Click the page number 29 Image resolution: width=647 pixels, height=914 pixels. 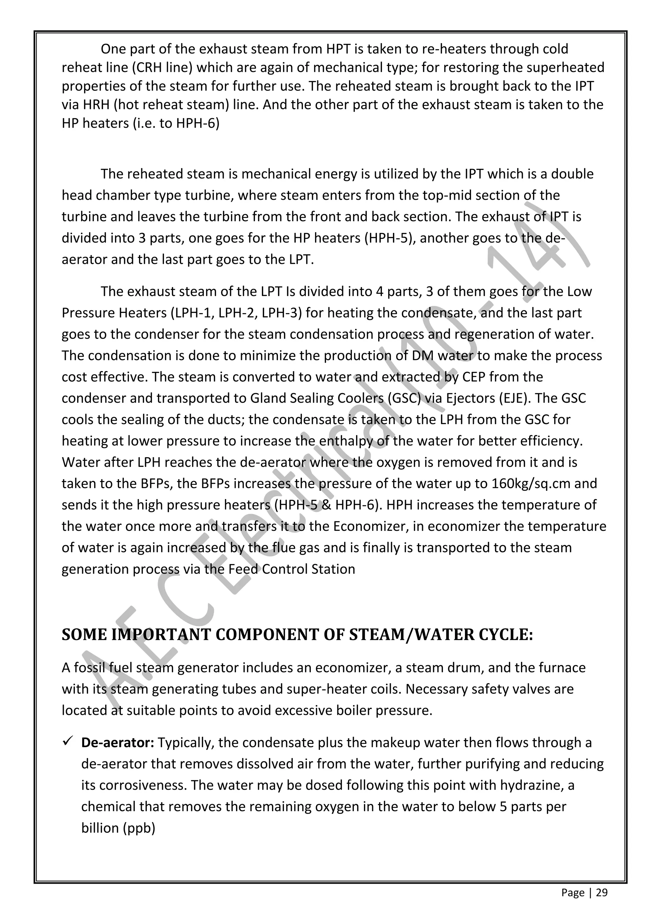coord(602,893)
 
